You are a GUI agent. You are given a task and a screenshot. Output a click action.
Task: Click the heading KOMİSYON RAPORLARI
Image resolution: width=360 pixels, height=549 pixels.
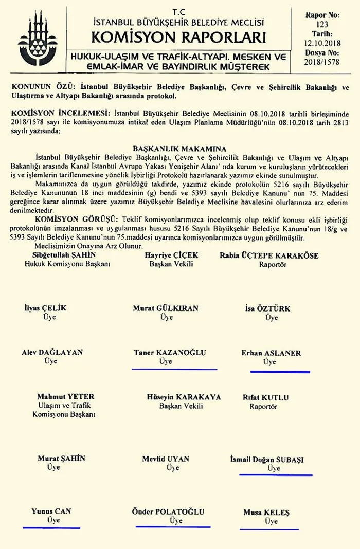click(178, 38)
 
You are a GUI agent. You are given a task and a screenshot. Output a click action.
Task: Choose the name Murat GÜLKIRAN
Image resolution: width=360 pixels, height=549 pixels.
click(166, 308)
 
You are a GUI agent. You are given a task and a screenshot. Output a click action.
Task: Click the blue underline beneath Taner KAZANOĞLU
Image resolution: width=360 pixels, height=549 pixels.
click(174, 369)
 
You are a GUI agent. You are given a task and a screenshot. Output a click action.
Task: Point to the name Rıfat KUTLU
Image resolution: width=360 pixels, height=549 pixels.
click(265, 397)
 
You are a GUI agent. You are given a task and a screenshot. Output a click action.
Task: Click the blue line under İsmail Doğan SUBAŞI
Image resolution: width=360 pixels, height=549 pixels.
click(276, 475)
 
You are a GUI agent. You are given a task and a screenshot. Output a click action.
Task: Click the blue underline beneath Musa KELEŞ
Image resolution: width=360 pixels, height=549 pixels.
click(269, 528)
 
